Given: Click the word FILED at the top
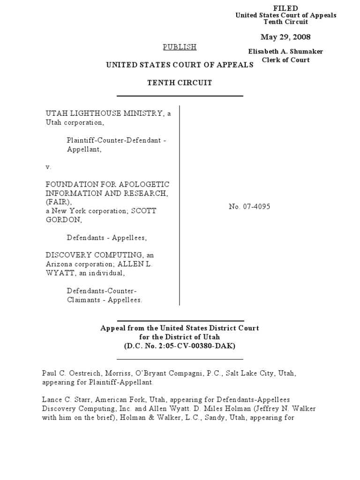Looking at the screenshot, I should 285,8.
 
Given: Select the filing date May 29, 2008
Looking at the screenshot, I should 285,37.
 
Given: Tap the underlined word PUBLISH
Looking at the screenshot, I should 180,47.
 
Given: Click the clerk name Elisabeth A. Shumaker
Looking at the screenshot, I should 285,52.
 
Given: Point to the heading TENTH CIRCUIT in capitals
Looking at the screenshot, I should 180,83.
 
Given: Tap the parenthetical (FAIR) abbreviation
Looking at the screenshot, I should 56,202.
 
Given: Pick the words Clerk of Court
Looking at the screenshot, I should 285,60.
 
